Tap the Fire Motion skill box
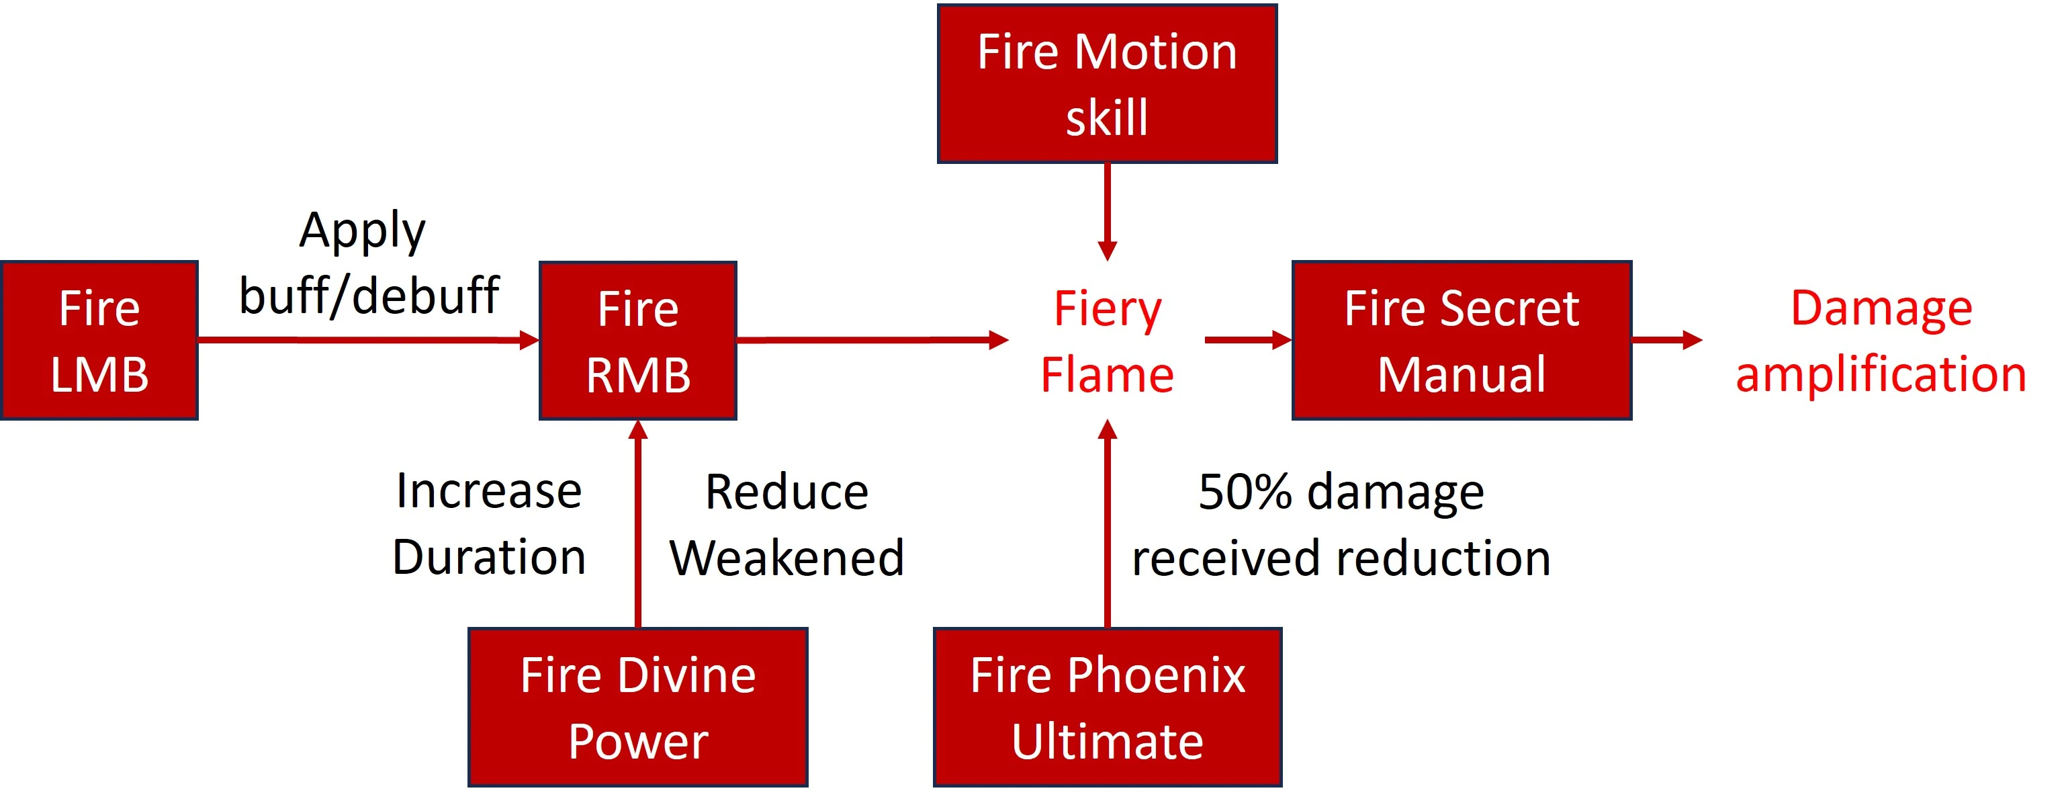(1107, 84)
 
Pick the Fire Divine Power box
(638, 708)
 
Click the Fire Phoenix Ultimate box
(1107, 708)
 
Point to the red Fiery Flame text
(1107, 342)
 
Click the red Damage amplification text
(1881, 342)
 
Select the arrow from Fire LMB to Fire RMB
(368, 340)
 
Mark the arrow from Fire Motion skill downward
(1107, 212)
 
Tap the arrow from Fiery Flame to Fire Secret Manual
(1247, 340)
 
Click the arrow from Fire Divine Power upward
(638, 524)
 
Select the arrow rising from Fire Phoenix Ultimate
(1107, 524)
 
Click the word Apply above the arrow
(363, 232)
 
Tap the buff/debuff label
(369, 296)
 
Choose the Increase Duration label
(489, 524)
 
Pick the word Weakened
(787, 558)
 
